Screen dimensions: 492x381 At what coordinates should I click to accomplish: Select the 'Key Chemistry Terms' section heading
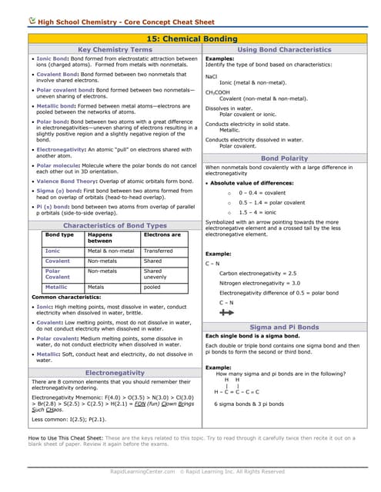coord(115,49)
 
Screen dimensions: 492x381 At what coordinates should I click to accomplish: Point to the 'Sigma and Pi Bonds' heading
coord(284,327)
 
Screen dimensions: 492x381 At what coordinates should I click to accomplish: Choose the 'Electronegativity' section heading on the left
coord(115,372)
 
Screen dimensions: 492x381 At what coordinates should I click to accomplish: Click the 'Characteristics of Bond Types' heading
coord(115,225)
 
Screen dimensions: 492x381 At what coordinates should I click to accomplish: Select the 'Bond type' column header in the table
coord(59,234)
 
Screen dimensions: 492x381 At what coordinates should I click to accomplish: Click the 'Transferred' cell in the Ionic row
coord(159,251)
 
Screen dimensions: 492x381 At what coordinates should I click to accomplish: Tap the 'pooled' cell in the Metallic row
coord(152,287)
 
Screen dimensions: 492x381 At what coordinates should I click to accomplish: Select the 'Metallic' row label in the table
coord(56,287)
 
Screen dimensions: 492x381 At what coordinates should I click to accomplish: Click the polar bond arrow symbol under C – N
coord(226,314)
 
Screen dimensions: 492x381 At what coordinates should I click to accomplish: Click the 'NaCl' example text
coord(212,76)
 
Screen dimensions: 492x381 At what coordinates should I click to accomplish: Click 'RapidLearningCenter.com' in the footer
coord(142,471)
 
